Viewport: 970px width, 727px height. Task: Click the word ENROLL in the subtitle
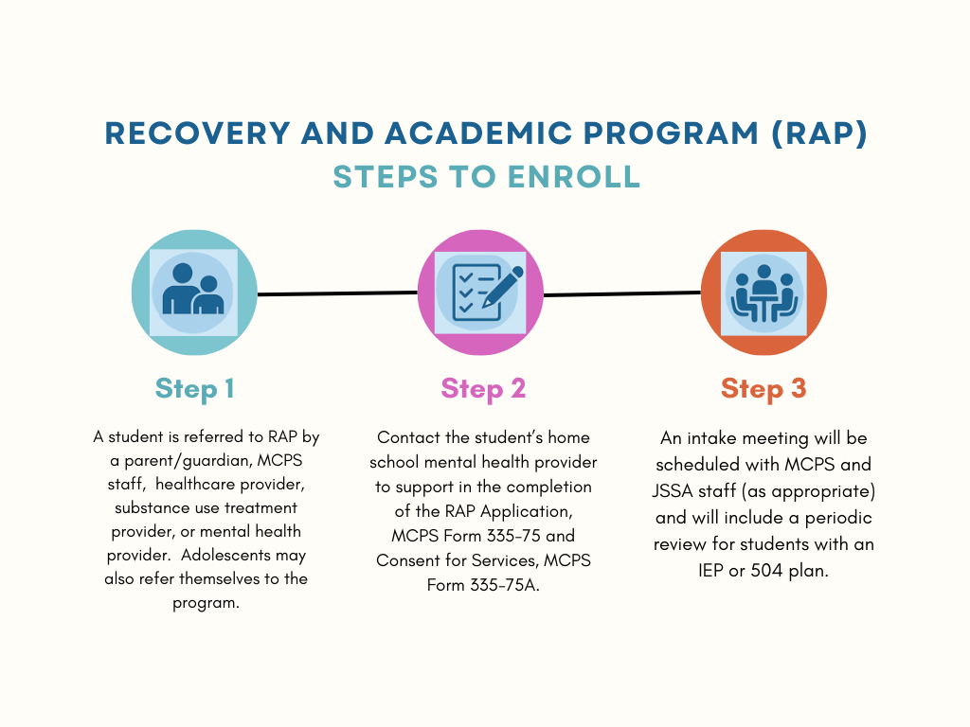[581, 177]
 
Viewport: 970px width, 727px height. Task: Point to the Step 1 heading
[194, 388]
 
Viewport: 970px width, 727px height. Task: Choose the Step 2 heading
[483, 388]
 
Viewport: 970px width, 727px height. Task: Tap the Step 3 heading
[763, 388]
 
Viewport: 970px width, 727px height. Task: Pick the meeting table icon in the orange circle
[763, 293]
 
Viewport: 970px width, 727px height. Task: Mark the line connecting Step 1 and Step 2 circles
[337, 293]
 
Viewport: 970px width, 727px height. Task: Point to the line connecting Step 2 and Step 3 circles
[621, 293]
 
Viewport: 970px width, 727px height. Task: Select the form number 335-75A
[505, 584]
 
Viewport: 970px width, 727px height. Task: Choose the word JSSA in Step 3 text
[676, 492]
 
